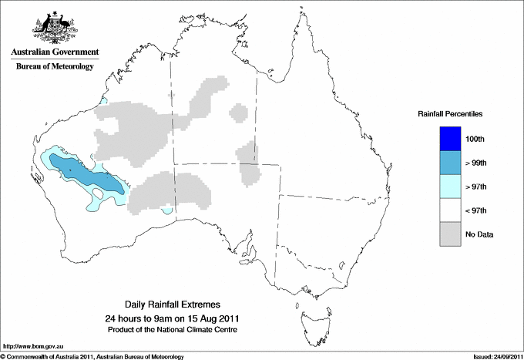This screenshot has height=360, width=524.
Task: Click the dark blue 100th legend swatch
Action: (451, 138)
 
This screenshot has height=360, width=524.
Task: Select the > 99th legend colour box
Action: (451, 162)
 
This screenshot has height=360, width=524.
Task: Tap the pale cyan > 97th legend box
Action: (451, 186)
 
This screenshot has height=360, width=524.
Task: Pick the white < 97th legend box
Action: (451, 210)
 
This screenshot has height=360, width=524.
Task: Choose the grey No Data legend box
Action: (451, 234)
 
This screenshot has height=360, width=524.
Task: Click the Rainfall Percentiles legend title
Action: (450, 113)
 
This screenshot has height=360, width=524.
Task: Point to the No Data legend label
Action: (479, 234)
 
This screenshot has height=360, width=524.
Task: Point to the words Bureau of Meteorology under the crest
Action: (54, 66)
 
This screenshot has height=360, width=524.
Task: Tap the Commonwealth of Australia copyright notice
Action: (92, 356)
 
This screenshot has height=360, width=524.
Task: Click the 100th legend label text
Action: (476, 138)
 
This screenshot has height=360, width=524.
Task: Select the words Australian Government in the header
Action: (54, 52)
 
